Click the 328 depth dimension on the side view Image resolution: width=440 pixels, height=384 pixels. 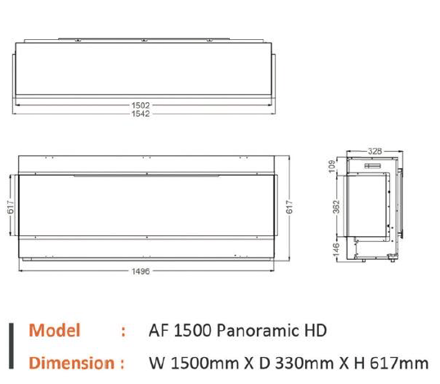point(375,151)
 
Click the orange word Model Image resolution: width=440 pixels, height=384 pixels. point(55,331)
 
